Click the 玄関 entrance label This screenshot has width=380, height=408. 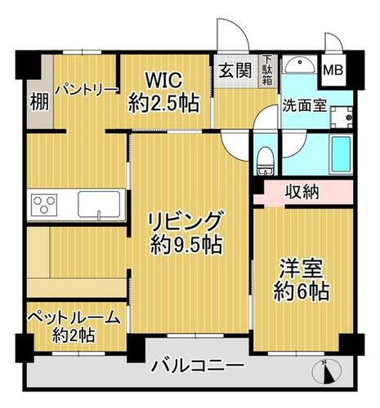[235, 71]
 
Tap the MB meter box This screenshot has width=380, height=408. [333, 70]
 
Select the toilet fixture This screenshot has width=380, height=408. [266, 161]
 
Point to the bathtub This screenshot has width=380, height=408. [341, 155]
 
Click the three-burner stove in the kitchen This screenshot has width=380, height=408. [44, 205]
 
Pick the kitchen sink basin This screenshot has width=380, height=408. [99, 205]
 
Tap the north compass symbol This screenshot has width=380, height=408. [327, 371]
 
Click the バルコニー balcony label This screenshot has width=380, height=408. [198, 366]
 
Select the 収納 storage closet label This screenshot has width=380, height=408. [302, 193]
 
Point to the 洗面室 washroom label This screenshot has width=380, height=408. [304, 105]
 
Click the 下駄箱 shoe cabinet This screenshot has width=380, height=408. [267, 71]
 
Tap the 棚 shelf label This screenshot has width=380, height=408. [40, 102]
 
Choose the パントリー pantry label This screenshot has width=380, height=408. [87, 90]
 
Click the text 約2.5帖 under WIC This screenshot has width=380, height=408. [163, 104]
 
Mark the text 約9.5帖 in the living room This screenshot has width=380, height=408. [186, 245]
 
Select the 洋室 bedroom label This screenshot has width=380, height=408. [302, 268]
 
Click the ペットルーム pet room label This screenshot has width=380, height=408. [74, 317]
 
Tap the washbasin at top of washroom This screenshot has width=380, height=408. [300, 64]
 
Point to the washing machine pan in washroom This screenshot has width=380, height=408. [342, 118]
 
